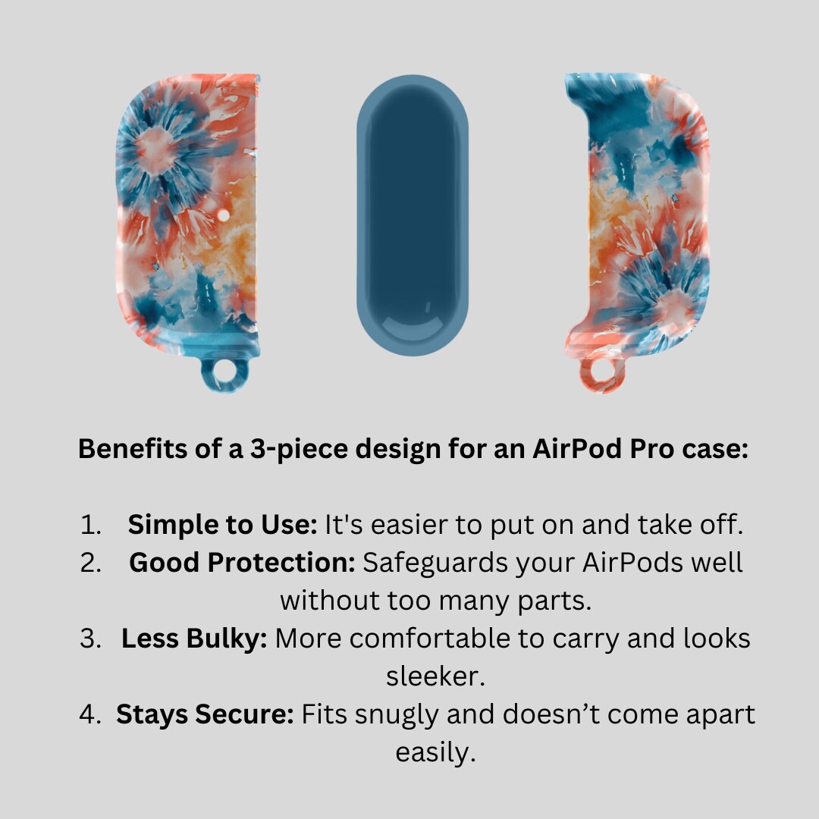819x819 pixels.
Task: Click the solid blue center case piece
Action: tap(412, 215)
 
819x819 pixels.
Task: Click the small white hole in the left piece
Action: tap(223, 215)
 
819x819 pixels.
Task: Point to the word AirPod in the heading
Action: tap(578, 448)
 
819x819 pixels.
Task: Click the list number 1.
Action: tap(90, 525)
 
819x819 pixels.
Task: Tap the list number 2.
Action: tap(90, 563)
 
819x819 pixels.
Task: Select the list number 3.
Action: tap(90, 639)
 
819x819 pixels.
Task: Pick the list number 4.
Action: tap(89, 714)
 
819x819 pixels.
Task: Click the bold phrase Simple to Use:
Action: tap(222, 525)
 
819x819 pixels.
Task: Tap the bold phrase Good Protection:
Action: tap(243, 563)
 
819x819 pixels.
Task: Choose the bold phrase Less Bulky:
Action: tap(194, 639)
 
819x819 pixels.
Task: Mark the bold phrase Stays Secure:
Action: tap(206, 715)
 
